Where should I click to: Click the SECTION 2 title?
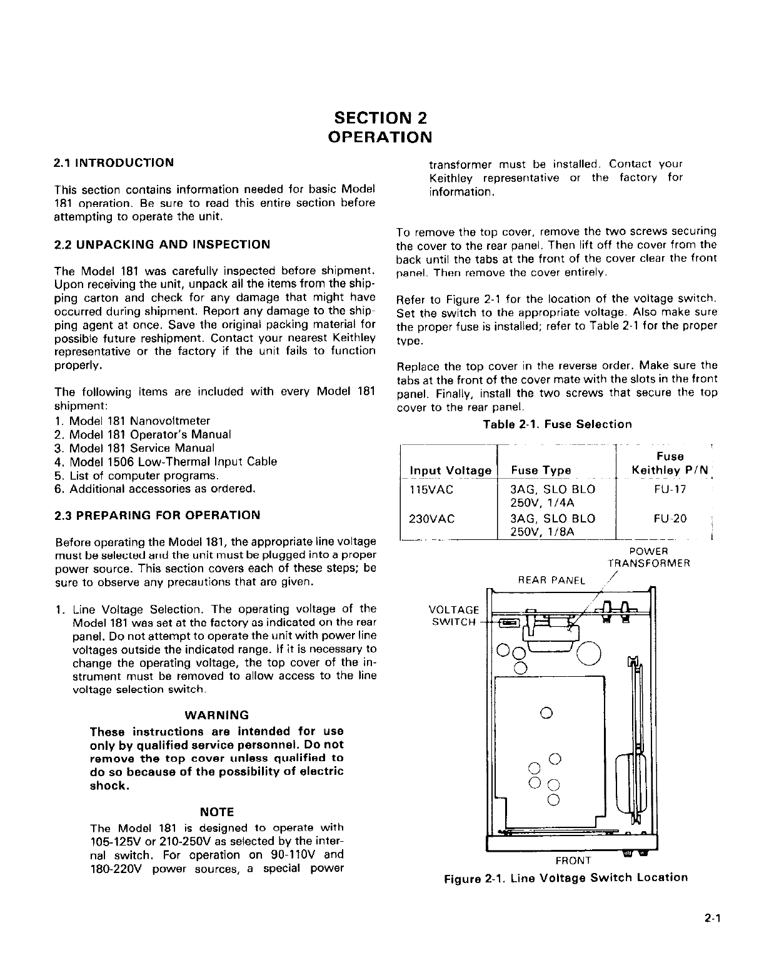[381, 117]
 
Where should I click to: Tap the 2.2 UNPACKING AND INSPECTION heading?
[163, 244]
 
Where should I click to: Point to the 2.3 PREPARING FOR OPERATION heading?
[158, 516]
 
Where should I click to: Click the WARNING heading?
[217, 715]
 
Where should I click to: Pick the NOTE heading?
[216, 812]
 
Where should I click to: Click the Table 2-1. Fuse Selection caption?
[557, 424]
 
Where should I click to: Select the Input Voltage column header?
[450, 471]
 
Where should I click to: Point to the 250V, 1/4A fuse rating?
[542, 503]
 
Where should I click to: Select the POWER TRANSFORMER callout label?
[649, 557]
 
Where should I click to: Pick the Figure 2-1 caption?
[565, 877]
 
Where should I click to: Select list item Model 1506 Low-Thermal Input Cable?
[173, 462]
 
